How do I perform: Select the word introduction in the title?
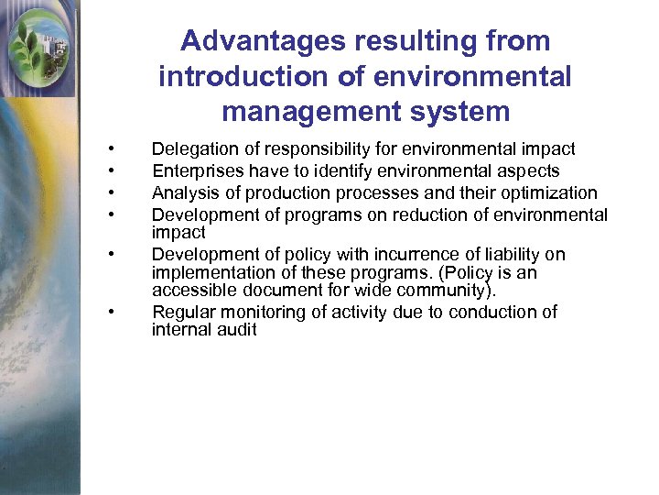tap(242, 76)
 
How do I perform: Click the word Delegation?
tap(191, 148)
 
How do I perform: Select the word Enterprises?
tap(194, 170)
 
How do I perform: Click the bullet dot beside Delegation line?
tap(111, 149)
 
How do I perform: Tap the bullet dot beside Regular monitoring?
tap(111, 313)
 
